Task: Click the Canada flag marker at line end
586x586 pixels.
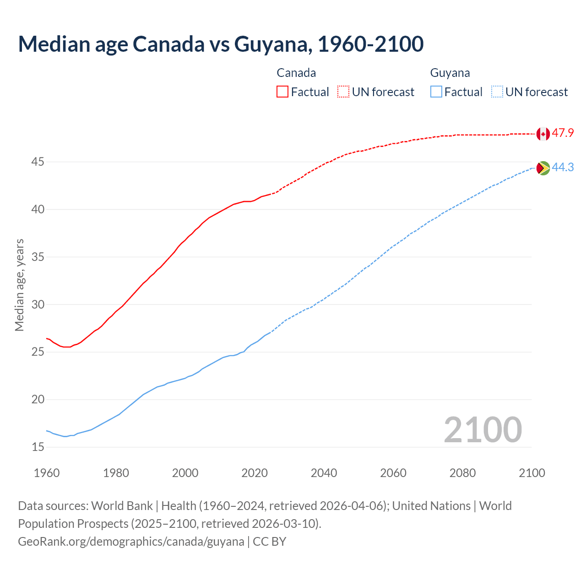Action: click(543, 134)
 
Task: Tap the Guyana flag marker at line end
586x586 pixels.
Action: click(543, 168)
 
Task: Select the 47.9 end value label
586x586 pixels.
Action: click(563, 133)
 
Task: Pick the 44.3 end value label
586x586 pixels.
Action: click(563, 168)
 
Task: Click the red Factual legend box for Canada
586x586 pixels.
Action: click(282, 92)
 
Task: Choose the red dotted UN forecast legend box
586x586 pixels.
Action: click(343, 92)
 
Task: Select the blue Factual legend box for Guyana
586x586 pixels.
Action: click(436, 92)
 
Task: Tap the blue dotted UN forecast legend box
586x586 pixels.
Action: click(497, 92)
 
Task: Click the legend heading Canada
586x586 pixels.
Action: click(296, 73)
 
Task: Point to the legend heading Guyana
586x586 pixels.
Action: click(450, 73)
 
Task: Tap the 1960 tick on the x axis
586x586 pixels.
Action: click(47, 473)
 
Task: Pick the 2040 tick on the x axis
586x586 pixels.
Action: click(324, 473)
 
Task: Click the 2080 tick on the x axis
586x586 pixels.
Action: click(462, 473)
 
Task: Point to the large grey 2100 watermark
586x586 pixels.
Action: click(483, 429)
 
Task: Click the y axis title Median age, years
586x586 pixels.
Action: click(19, 285)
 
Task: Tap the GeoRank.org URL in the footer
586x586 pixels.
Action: click(131, 542)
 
